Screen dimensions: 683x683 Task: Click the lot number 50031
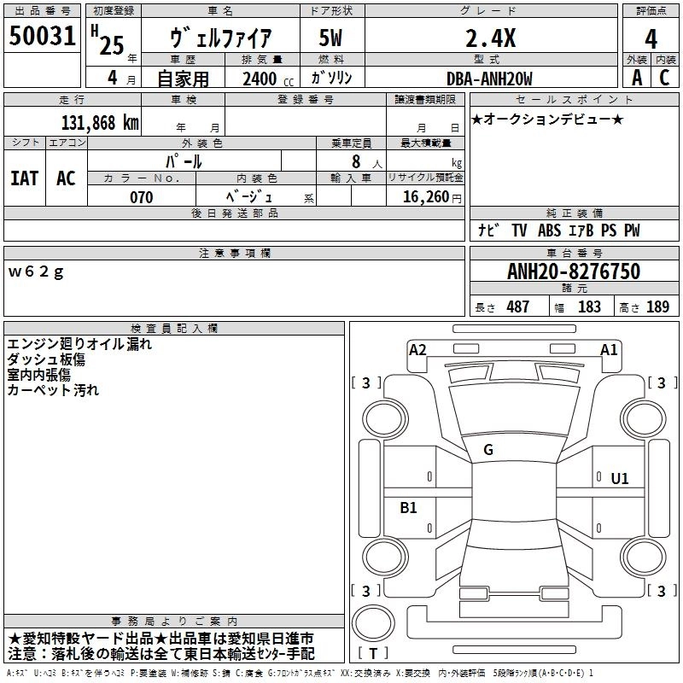point(43,38)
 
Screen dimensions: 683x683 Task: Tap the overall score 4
point(651,39)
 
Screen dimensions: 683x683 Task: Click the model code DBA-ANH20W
point(489,79)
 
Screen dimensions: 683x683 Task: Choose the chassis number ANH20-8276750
point(573,272)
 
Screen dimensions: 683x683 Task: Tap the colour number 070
point(141,197)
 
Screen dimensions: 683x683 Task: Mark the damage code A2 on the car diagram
point(417,349)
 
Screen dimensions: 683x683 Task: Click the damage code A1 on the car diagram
point(609,349)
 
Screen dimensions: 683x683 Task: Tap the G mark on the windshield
point(488,450)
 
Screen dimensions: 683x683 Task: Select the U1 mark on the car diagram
point(619,479)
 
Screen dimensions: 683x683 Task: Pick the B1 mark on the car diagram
point(409,508)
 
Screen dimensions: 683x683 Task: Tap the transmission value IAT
point(24,178)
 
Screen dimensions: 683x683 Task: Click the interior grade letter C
point(664,78)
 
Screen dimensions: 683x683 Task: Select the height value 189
point(657,307)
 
